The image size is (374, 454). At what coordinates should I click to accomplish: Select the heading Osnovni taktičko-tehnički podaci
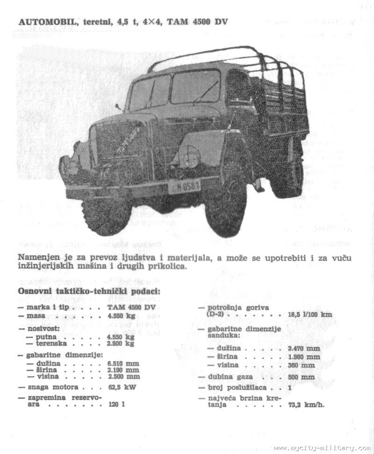point(89,292)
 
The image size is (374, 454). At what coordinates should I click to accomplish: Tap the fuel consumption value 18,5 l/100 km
point(310,314)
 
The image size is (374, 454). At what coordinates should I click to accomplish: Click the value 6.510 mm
point(123,363)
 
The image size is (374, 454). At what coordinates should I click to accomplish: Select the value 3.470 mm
point(304,348)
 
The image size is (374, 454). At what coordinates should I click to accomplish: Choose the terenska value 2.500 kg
point(121,343)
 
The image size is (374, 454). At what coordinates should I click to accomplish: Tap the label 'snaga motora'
point(52,387)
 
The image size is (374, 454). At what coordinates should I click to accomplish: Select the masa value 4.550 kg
point(121,316)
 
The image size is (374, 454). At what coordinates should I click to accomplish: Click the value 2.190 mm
point(123,370)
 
